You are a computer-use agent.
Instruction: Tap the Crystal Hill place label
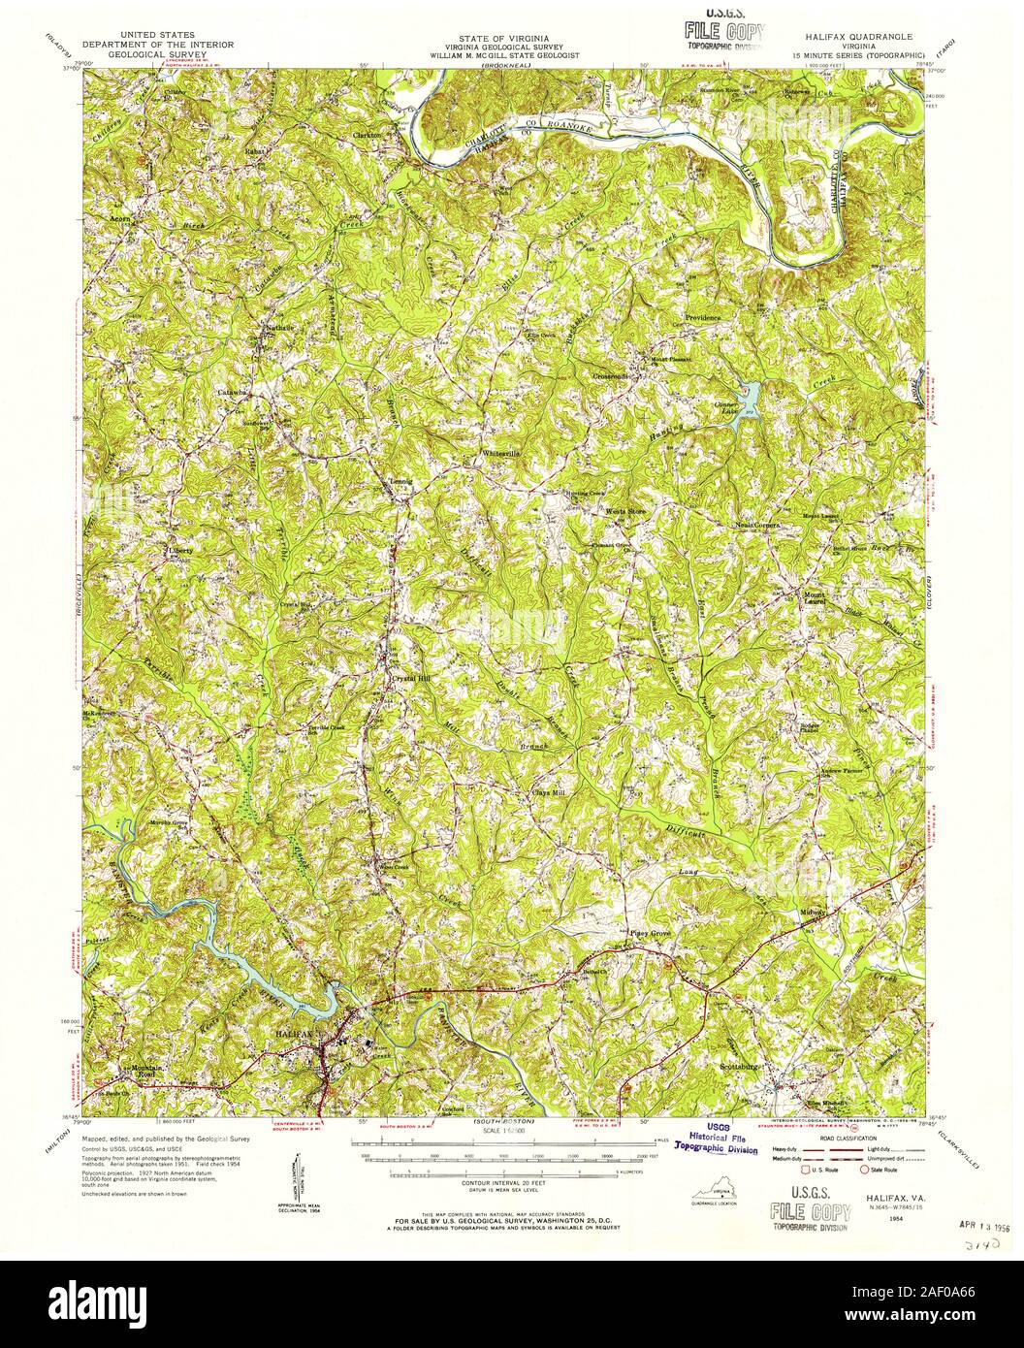410,679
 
